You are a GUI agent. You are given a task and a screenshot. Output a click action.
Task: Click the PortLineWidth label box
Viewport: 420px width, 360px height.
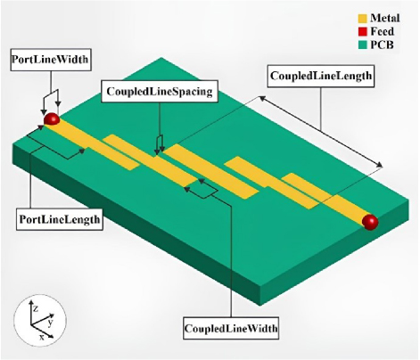point(51,60)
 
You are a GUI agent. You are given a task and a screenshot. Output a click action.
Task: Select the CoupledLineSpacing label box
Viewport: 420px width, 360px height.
point(160,91)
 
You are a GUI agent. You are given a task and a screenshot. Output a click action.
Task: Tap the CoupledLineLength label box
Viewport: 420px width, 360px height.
point(321,76)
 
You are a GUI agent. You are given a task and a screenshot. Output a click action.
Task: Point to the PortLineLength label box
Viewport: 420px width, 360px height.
point(60,219)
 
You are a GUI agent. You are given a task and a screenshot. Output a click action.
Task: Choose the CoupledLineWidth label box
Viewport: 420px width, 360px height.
point(231,328)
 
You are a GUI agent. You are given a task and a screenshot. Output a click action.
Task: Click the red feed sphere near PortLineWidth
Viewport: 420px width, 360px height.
point(52,119)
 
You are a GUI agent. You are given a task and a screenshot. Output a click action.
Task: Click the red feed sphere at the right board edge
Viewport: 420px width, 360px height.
point(370,222)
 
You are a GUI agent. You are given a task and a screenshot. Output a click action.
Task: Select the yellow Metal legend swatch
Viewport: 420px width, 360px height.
point(362,19)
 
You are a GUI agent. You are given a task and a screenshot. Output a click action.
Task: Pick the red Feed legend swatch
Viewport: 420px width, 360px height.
point(362,31)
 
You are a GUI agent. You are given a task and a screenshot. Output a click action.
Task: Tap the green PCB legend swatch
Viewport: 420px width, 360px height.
point(362,45)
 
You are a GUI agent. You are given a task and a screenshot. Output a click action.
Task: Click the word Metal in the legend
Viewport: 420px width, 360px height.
point(385,18)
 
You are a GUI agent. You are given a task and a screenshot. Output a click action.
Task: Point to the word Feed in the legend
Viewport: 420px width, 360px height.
point(382,31)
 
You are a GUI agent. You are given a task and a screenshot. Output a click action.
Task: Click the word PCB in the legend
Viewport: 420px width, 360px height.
point(382,45)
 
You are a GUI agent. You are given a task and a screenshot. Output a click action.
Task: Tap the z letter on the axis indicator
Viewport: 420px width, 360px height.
point(36,309)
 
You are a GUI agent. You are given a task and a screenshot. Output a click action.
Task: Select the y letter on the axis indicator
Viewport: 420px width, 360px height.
point(50,323)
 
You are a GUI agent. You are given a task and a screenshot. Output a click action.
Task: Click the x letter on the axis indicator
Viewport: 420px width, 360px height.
point(42,337)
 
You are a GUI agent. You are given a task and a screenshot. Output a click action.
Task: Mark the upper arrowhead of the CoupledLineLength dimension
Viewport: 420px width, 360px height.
point(261,98)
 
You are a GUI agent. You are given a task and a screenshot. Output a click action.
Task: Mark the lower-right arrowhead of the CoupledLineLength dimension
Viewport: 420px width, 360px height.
point(380,165)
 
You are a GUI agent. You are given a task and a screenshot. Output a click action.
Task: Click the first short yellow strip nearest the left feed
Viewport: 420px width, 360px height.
point(121,151)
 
